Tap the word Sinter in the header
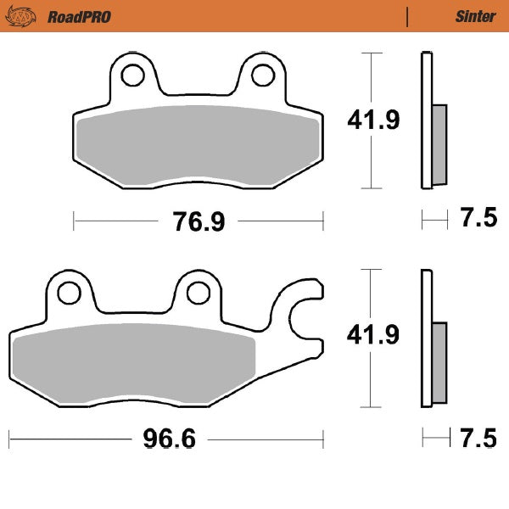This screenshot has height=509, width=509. tap(475, 16)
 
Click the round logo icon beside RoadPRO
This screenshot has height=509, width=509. tap(25, 16)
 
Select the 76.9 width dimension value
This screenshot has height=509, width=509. tap(198, 222)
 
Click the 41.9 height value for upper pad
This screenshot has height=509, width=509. tap(373, 120)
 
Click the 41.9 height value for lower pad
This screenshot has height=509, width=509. tap(373, 336)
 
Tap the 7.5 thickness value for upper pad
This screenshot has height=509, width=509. tap(478, 220)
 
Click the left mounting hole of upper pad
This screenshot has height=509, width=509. tap(132, 76)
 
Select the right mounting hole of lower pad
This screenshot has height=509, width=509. tap(198, 293)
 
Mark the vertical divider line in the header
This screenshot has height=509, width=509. tap(408, 16)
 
